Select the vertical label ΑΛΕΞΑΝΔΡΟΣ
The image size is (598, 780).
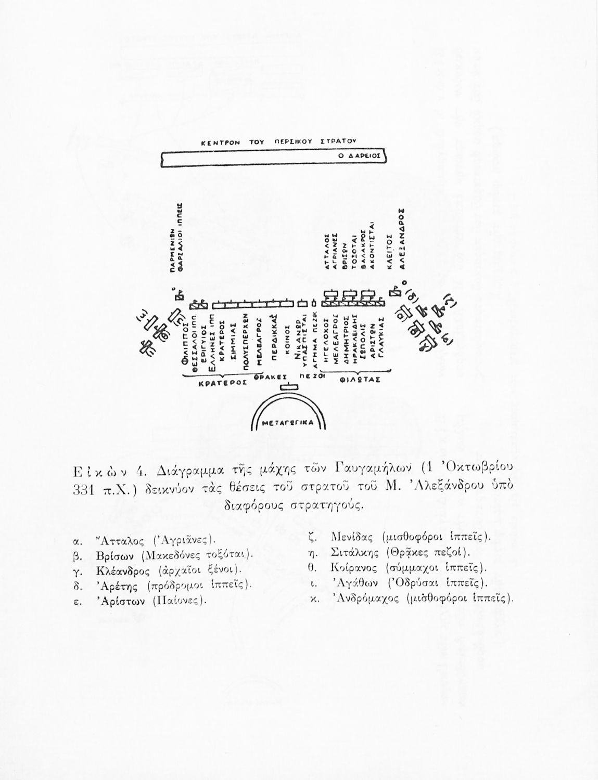[x=402, y=239]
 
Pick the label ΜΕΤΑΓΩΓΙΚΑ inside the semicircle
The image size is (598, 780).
[x=288, y=423]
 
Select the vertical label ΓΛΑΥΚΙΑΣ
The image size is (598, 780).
[x=381, y=344]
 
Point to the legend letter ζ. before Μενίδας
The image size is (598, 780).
[x=313, y=537]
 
